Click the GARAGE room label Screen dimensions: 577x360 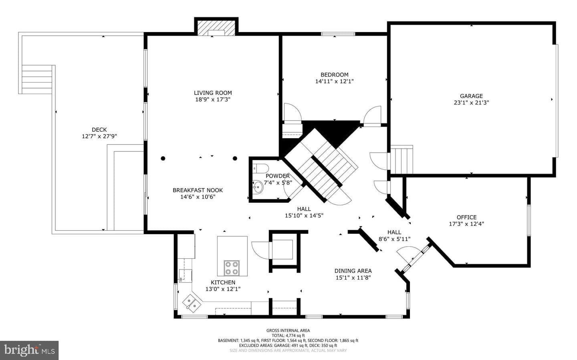click(x=471, y=96)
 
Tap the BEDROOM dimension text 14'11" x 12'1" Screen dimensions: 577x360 click(x=334, y=81)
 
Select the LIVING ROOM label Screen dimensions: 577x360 click(x=213, y=93)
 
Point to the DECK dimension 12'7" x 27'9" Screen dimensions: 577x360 click(x=99, y=136)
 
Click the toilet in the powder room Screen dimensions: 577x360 click(x=260, y=169)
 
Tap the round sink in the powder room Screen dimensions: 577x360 click(x=258, y=187)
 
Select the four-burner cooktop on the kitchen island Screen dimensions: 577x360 click(x=232, y=268)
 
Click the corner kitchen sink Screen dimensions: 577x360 click(x=192, y=304)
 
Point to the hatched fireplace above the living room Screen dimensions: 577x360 click(x=216, y=28)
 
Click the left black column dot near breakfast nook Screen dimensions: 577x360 click(x=163, y=158)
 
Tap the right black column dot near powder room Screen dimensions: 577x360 click(x=235, y=158)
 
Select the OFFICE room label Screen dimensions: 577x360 click(x=466, y=217)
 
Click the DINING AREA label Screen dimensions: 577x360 click(x=353, y=271)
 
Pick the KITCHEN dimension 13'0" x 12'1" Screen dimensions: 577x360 click(x=223, y=289)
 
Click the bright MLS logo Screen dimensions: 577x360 click(x=29, y=350)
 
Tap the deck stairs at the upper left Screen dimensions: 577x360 click(x=37, y=79)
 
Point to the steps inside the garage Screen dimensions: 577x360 click(x=401, y=160)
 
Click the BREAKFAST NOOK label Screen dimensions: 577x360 click(x=198, y=190)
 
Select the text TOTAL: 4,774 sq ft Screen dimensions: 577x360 click(x=288, y=336)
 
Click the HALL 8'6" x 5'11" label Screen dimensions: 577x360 click(x=394, y=235)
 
